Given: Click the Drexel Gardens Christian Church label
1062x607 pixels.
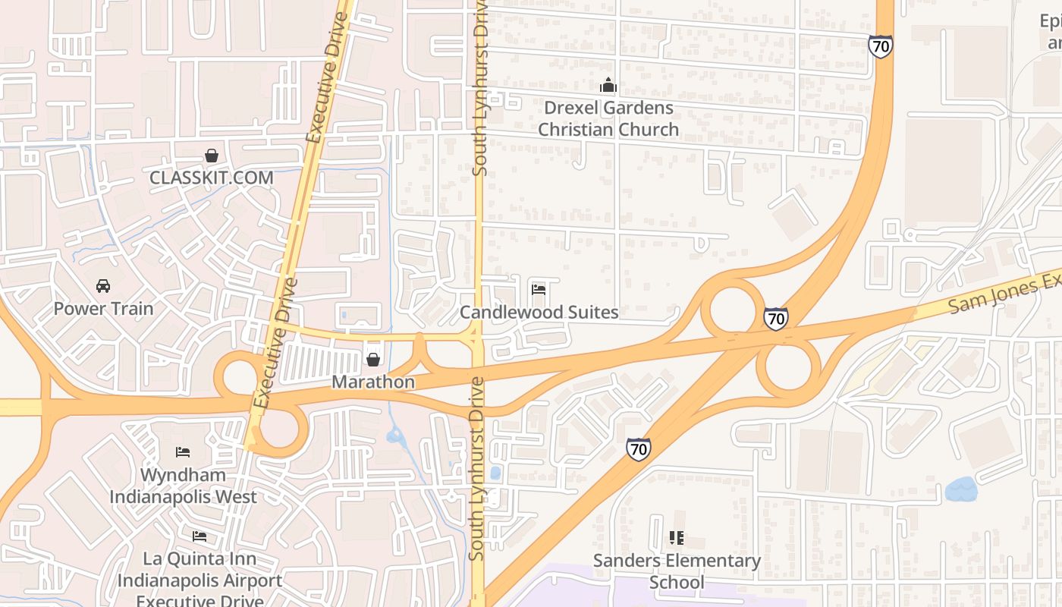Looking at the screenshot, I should coord(608,118).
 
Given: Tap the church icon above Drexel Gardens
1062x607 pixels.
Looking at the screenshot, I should coord(608,85).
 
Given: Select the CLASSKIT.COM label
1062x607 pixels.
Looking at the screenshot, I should coord(211,178).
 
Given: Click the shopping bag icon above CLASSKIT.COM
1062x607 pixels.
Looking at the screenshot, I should coord(212,156).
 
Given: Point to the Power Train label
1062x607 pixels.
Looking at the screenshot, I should coord(103,309).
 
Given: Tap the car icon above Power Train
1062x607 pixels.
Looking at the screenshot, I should coord(103,286).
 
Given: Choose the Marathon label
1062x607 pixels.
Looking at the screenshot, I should coord(373,382).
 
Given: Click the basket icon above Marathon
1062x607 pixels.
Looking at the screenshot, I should coord(373,360).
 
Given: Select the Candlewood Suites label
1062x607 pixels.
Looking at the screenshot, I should coord(539,312).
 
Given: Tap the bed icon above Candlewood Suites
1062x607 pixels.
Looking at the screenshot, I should coord(539,290).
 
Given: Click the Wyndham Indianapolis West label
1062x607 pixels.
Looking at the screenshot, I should coord(183,486).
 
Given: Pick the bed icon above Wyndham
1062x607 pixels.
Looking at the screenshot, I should coord(183,452).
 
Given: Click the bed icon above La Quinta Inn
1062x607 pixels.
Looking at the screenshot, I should coord(200,536).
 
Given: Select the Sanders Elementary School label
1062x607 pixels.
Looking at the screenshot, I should coord(677,571).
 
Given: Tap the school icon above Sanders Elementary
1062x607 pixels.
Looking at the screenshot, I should coord(677,538).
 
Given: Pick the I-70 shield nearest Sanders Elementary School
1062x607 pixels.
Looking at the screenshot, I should coord(638,449).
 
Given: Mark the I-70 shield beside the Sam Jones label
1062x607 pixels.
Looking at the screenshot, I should coord(775,319).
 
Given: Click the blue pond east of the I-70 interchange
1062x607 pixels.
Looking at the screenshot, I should coord(961,489).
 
